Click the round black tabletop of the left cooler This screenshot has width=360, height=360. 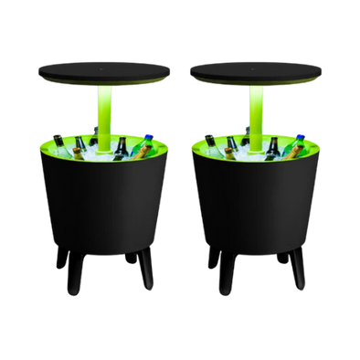click(99, 69)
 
